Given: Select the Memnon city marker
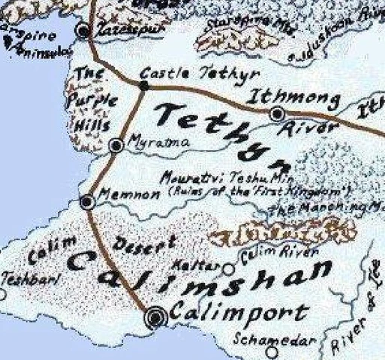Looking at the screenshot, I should click(x=87, y=201).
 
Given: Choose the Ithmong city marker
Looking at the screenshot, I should click(x=278, y=113).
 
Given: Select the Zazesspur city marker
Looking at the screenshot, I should click(x=83, y=31).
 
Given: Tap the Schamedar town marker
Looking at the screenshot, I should click(x=272, y=349).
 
